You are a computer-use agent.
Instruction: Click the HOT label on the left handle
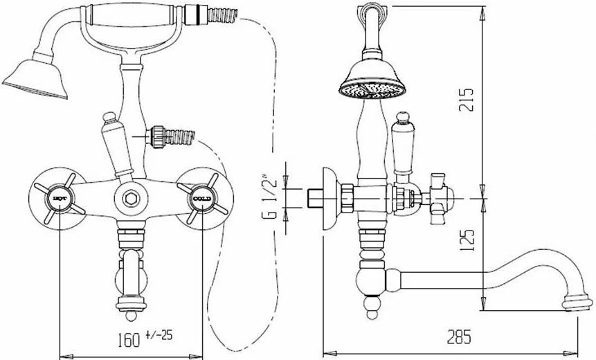(60, 199)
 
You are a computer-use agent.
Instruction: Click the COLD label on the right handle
(202, 199)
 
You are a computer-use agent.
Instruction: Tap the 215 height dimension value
(467, 99)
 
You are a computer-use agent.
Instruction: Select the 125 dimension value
(467, 240)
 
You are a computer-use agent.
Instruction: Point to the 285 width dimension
(459, 337)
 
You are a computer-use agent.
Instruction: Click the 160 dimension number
(129, 339)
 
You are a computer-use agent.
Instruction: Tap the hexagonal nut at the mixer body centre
(131, 199)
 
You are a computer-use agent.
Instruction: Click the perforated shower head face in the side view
(372, 91)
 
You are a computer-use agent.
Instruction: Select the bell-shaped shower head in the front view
(35, 79)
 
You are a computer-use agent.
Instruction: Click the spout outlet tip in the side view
(577, 303)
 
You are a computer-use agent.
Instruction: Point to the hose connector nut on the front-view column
(156, 136)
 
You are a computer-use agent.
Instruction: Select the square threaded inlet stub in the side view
(315, 198)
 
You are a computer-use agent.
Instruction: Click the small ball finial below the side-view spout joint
(372, 309)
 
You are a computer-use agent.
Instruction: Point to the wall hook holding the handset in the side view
(372, 10)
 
